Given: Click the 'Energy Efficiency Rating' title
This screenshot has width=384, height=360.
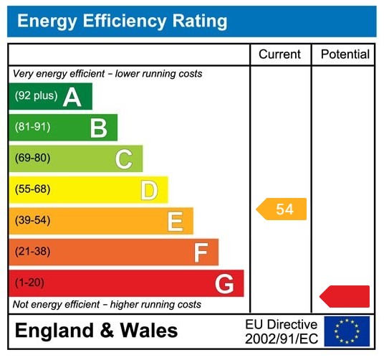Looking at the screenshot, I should coord(122,21).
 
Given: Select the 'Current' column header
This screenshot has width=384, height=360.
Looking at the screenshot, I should coord(279,55).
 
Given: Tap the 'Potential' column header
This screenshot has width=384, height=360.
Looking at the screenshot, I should coord(345,55).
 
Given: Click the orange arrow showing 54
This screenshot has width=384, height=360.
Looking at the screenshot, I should coord(282,209).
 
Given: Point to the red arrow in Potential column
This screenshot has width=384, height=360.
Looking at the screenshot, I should coord(345,296).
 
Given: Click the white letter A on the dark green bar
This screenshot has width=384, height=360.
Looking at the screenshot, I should coord(72,97).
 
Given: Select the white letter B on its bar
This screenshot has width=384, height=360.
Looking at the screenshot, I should coord(98,128).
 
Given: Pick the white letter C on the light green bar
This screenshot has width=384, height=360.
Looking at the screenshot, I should coord(123,159).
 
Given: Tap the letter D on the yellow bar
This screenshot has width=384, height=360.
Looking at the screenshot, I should coord(148,190).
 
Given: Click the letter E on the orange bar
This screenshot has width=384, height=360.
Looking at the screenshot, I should coord(175,222).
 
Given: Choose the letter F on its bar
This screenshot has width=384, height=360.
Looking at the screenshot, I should coord(201,252).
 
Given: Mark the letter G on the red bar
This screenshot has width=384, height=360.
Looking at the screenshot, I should coord(224,284).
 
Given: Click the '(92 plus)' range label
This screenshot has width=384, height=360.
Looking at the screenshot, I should coord(36,96).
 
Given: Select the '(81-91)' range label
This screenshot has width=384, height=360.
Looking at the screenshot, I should coord(32,128).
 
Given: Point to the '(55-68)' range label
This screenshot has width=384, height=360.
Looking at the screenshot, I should coord(32,190).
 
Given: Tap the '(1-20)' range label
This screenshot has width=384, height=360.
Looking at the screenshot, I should coord(29,283).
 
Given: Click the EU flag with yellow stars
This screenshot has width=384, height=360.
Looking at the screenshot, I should coord(347,331).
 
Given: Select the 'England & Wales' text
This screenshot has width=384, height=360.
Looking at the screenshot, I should coord(96,331).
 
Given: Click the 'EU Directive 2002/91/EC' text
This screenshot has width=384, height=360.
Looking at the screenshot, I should coord(281,331).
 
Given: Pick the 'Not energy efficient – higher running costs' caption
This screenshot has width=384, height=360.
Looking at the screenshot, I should coord(107,305).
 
